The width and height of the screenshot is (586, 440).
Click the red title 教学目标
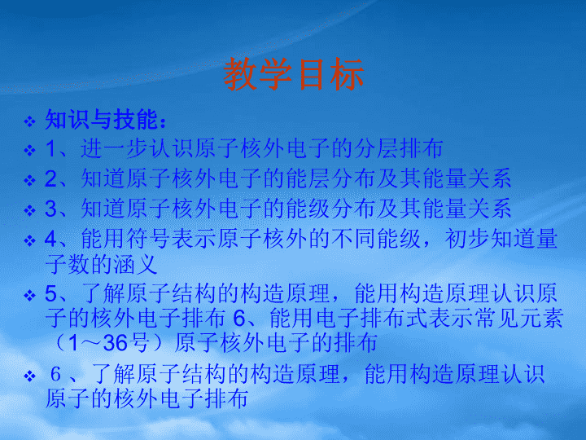pyautogui.click(x=293, y=74)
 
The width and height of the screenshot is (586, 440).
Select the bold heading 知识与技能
pyautogui.click(x=101, y=120)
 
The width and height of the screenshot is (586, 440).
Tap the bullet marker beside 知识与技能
pyautogui.click(x=29, y=121)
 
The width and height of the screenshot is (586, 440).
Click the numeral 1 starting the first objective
pyautogui.click(x=50, y=148)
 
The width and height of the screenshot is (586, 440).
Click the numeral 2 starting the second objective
pyautogui.click(x=50, y=178)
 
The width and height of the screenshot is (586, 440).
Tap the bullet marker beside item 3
pyautogui.click(x=29, y=210)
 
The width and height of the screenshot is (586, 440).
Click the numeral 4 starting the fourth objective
pyautogui.click(x=50, y=239)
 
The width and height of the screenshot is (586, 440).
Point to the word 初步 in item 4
pyautogui.click(x=466, y=239)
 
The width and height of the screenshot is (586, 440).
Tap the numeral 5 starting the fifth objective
pyautogui.click(x=50, y=293)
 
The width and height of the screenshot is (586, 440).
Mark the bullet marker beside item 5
pyautogui.click(x=29, y=296)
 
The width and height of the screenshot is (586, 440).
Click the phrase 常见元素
pyautogui.click(x=518, y=319)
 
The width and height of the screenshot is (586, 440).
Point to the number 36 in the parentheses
pyautogui.click(x=115, y=343)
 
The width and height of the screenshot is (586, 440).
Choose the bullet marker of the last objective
pyautogui.click(x=29, y=376)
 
